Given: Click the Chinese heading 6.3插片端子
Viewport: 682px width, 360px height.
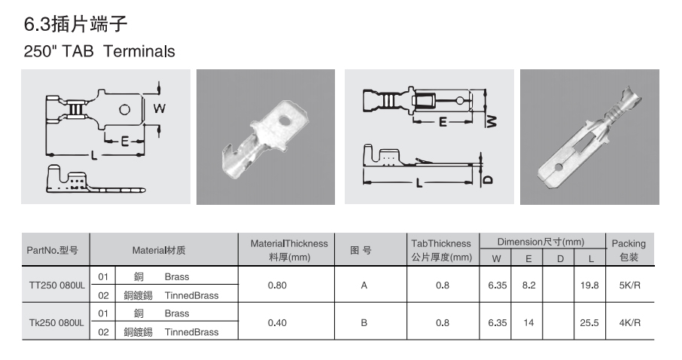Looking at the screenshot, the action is (75, 23).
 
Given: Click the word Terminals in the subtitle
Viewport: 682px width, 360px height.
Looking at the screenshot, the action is (139, 51).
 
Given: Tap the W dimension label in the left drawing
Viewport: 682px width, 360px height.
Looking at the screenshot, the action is (159, 108).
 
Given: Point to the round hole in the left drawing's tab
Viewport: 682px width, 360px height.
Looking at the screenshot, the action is (124, 109).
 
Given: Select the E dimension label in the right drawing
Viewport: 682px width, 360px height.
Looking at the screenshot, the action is (443, 122).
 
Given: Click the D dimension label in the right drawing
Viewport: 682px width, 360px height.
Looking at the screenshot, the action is (488, 179).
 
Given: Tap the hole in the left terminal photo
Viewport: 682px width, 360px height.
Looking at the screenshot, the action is (285, 121).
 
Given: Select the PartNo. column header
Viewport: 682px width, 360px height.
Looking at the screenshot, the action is (53, 250).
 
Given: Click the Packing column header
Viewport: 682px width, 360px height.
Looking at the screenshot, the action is (629, 250).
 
